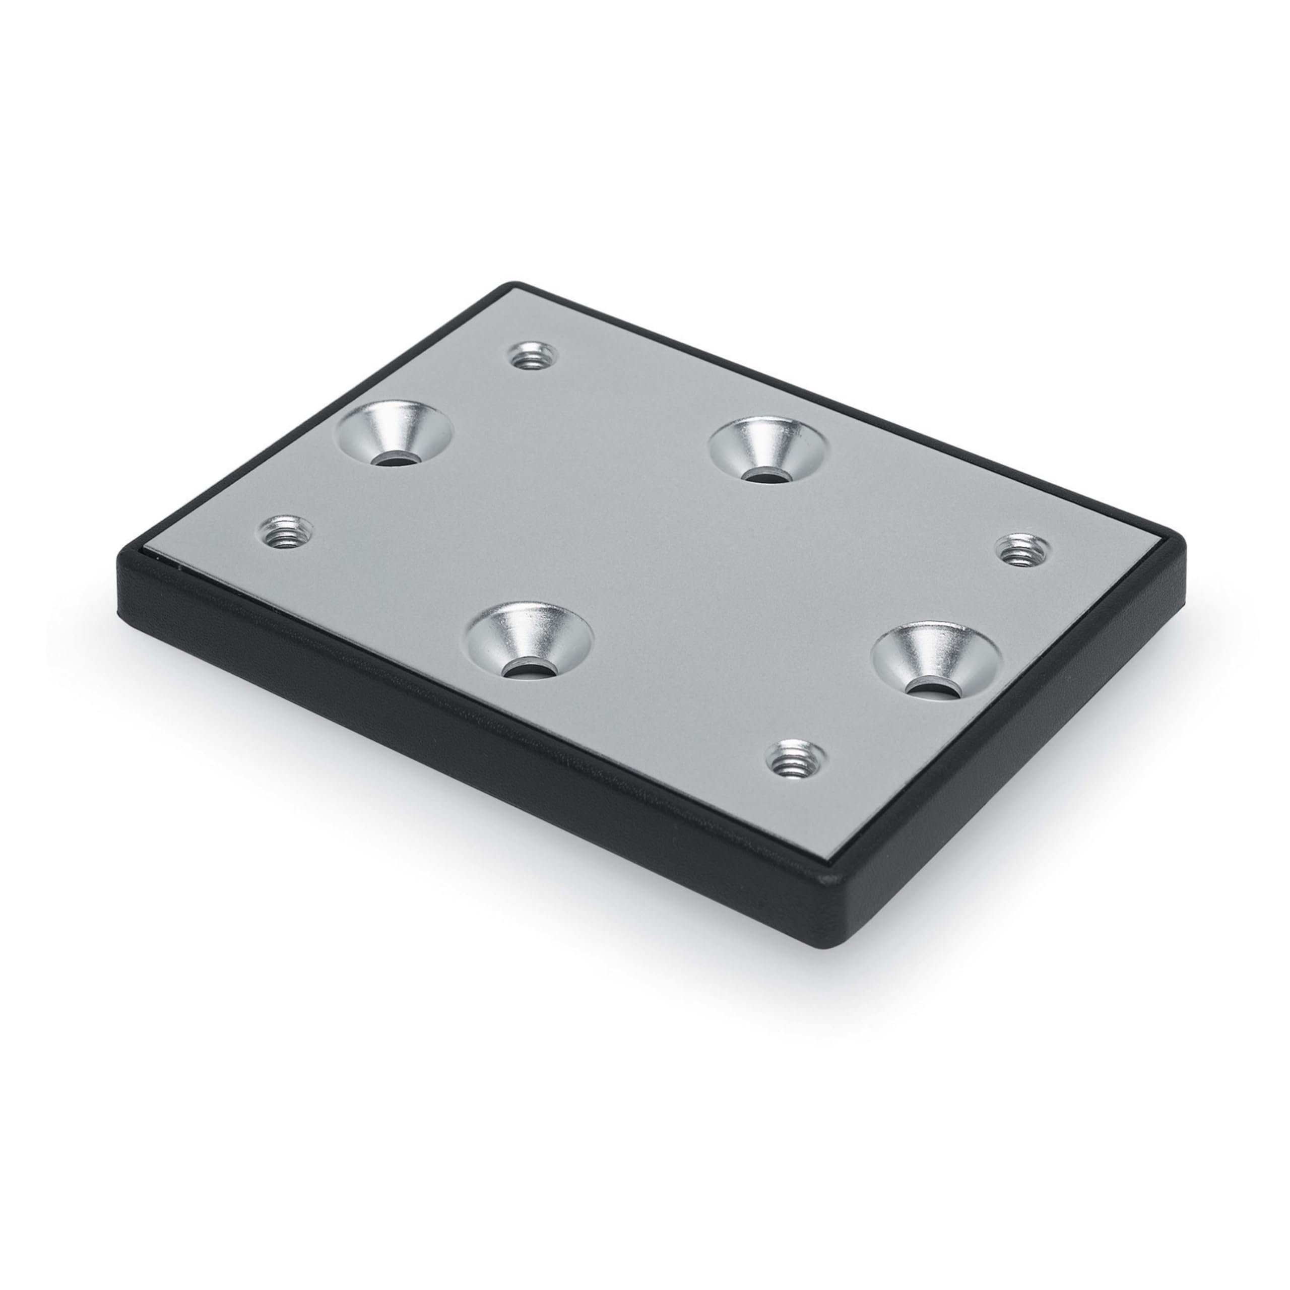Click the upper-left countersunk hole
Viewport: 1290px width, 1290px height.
coord(395,433)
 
